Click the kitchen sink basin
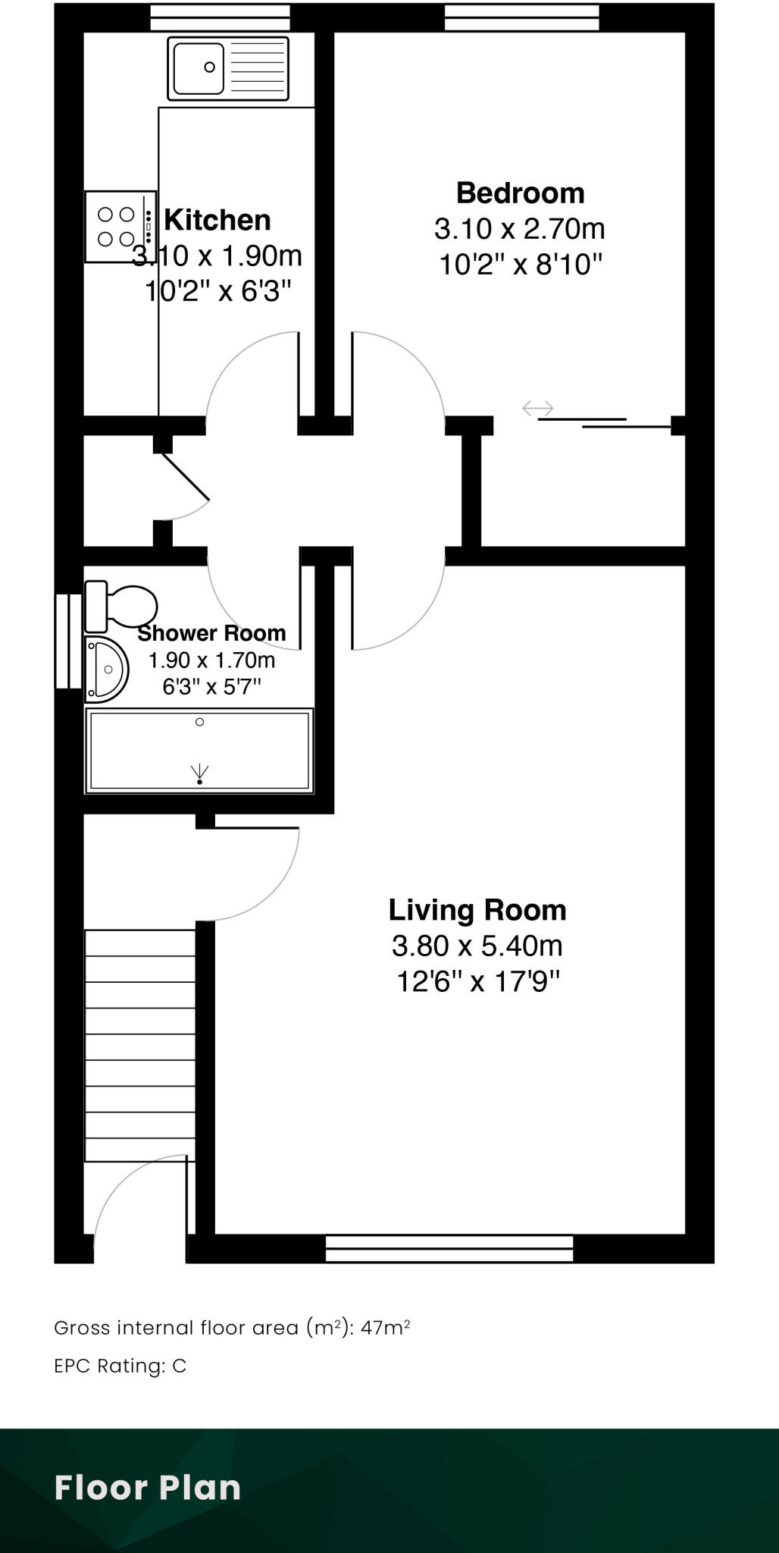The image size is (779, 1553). (x=199, y=68)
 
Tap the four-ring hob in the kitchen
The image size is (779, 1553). (x=116, y=227)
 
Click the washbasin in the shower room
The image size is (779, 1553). (x=105, y=670)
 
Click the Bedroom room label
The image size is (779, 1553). (x=520, y=193)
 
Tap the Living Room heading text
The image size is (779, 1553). (x=477, y=910)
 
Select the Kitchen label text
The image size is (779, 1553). (x=217, y=220)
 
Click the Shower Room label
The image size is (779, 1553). (x=211, y=633)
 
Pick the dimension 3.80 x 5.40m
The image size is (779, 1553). (x=477, y=946)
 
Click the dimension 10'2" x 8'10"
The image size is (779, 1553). (x=521, y=265)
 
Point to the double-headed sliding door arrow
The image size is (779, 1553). (x=538, y=409)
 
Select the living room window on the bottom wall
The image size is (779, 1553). (x=449, y=1248)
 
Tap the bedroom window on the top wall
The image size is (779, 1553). (x=521, y=17)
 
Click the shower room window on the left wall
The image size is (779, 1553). (x=68, y=641)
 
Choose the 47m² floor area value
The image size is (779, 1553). (x=386, y=1328)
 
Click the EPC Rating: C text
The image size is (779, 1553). (x=120, y=1366)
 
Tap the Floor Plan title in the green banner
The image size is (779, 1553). (x=148, y=1488)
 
